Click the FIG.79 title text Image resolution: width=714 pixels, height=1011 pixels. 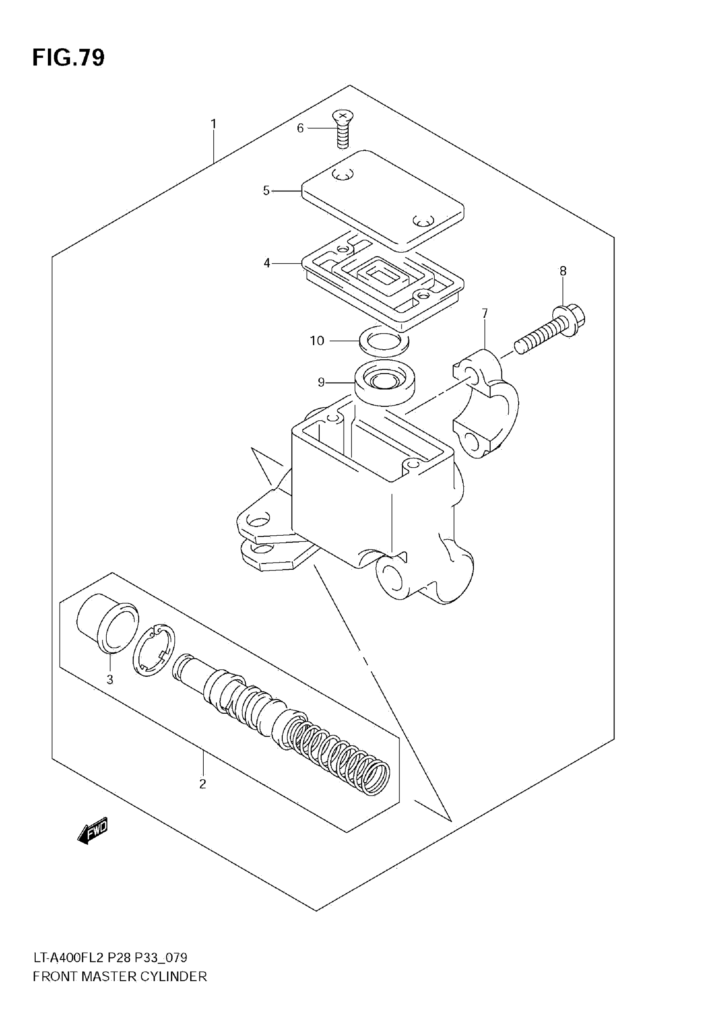pos(68,58)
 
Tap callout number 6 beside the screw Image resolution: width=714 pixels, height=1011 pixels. pos(300,128)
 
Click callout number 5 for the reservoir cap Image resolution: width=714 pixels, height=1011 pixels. pos(266,191)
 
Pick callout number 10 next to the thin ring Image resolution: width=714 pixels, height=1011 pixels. pos(317,341)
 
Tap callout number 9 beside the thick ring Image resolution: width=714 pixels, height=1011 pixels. pos(321,382)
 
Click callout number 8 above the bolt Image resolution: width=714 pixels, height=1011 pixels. pos(563,271)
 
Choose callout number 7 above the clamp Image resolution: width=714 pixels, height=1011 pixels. pos(485,314)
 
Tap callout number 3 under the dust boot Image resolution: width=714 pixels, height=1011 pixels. pos(110,680)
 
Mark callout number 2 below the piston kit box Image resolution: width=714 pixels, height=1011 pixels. pos(202,784)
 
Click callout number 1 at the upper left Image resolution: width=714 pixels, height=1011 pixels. pos(214,124)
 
